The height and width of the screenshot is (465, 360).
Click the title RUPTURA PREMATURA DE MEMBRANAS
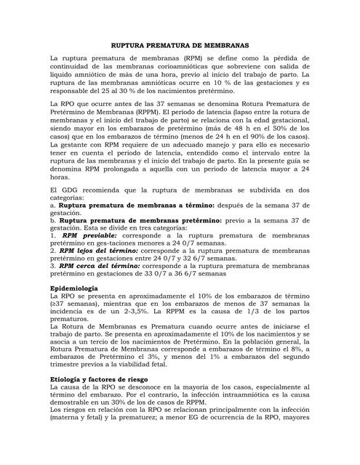point(180,44)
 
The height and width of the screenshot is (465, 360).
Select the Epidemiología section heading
point(76,308)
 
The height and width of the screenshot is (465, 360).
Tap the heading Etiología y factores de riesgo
point(98,379)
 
